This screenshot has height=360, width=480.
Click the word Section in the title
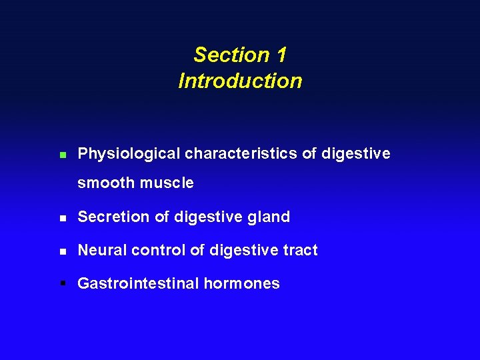(x=222, y=55)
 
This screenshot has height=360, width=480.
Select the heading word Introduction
(x=240, y=81)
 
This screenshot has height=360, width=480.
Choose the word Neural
(x=102, y=250)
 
